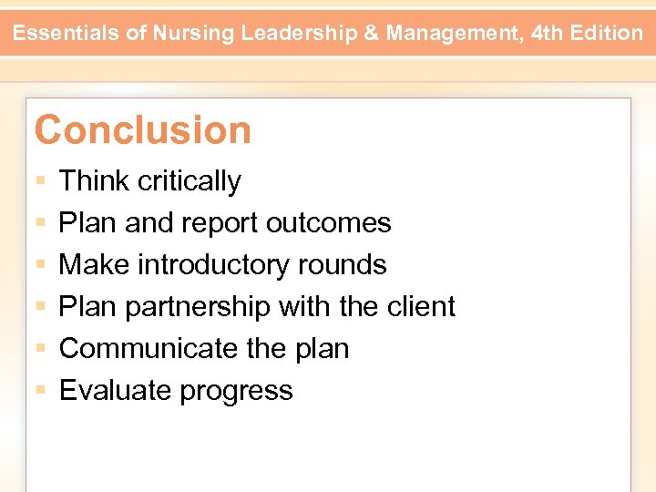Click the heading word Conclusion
(x=143, y=130)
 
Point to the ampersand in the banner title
(x=370, y=34)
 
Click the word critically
(x=190, y=181)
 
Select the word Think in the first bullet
(x=94, y=181)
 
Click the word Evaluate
(x=116, y=391)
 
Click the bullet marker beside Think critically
(x=41, y=182)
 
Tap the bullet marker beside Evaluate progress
(x=41, y=392)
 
